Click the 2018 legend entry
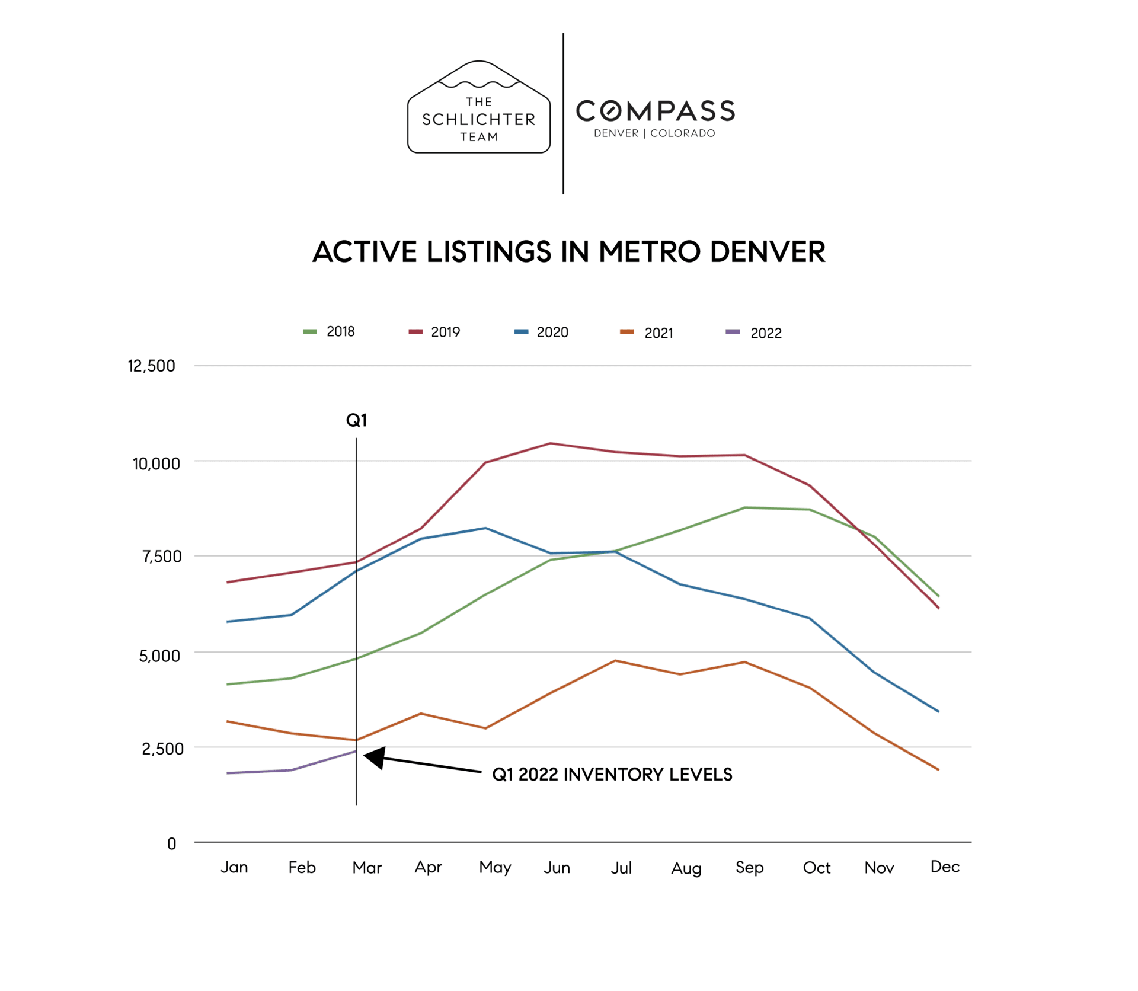[x=330, y=331]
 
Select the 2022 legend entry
[x=754, y=333]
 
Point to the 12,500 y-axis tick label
[x=151, y=366]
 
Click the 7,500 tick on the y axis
[x=161, y=556]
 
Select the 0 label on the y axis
[x=171, y=843]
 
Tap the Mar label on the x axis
[x=366, y=868]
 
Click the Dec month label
[x=944, y=867]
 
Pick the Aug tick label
[x=686, y=868]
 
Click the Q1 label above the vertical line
[x=356, y=420]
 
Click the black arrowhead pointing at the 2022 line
[x=375, y=757]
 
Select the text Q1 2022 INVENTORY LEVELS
[x=612, y=774]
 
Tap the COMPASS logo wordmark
[x=655, y=111]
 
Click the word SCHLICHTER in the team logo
[x=479, y=119]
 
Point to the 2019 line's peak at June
[x=550, y=443]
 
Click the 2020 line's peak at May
[x=485, y=528]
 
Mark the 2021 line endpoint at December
[x=938, y=769]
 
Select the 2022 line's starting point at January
[x=228, y=773]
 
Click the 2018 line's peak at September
[x=744, y=507]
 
